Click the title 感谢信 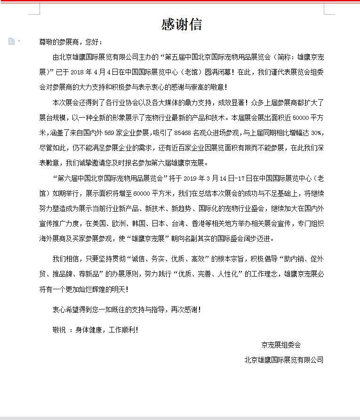182,24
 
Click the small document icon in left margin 12,41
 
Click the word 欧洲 131,223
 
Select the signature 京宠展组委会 281,345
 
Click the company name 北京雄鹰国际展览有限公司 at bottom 284,360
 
